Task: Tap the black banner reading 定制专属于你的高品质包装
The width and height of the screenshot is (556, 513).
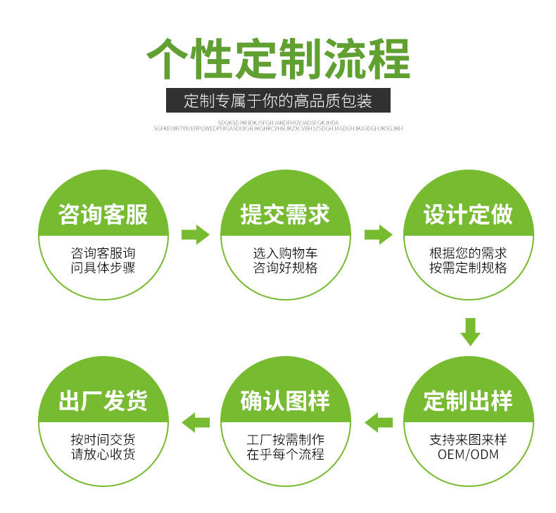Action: tap(278, 101)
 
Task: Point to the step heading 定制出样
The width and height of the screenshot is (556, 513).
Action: tap(468, 401)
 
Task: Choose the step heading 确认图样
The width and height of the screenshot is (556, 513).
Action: tap(285, 401)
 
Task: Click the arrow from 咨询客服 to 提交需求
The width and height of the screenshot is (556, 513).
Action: tap(195, 234)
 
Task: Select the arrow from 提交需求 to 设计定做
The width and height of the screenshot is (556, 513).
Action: tap(378, 234)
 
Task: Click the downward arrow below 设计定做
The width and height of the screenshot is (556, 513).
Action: tap(470, 331)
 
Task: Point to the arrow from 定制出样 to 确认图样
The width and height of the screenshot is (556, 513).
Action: tap(378, 422)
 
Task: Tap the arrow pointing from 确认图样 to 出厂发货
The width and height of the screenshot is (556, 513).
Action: tap(196, 422)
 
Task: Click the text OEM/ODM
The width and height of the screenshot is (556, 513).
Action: tap(468, 454)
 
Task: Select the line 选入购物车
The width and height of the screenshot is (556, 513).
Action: tap(285, 253)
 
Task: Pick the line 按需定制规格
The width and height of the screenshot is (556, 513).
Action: tap(468, 268)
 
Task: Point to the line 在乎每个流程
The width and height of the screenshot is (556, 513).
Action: tap(285, 455)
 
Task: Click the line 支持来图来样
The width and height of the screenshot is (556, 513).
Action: tap(468, 439)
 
